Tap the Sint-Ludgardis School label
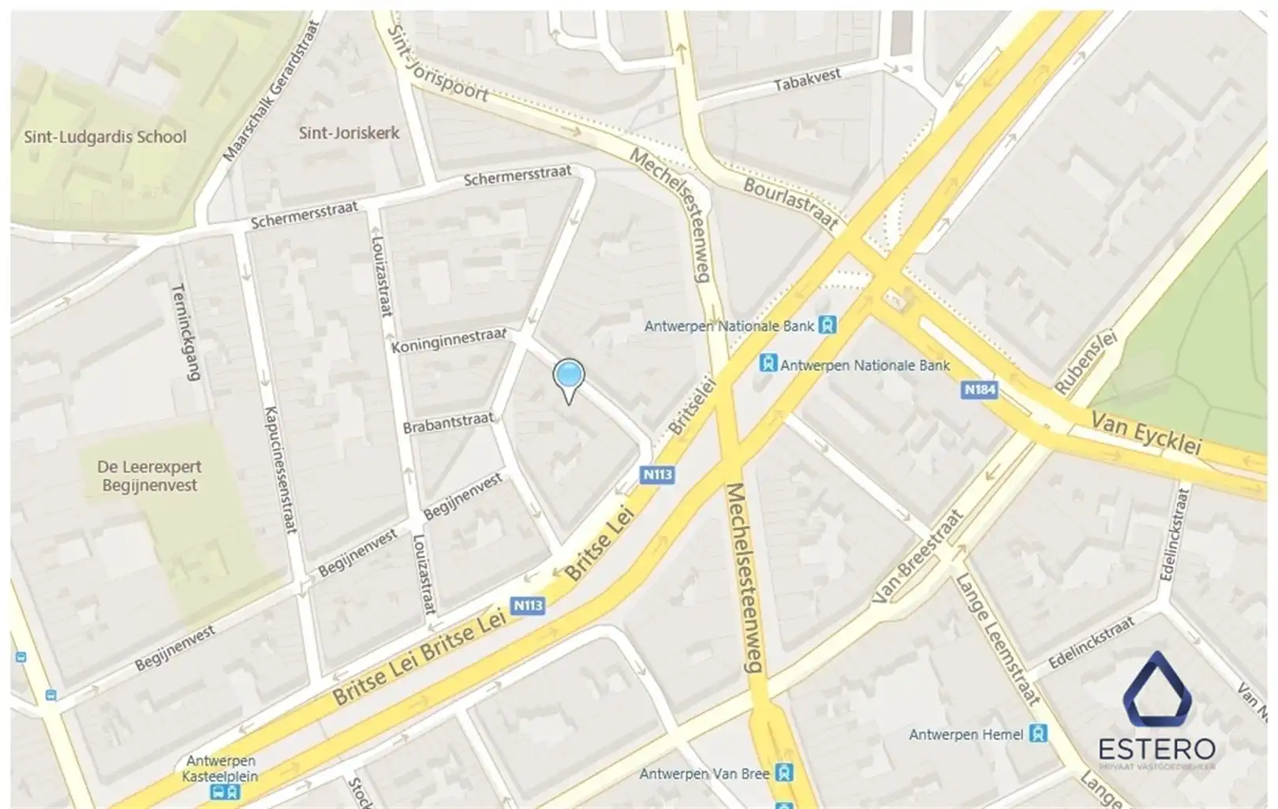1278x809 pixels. pos(105,136)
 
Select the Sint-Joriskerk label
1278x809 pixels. pos(349,132)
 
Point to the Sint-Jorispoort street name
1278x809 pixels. pos(438,63)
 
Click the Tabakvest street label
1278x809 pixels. pos(807,80)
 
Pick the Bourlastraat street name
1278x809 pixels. pos(790,202)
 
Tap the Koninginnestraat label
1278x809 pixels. pos(448,340)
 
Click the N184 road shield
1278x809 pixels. pos(979,390)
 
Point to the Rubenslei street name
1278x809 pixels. pos(1086,362)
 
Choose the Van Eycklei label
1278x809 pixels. pos(1145,432)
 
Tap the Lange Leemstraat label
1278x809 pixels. pos(998,639)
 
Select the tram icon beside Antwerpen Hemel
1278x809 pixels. pos(1038,734)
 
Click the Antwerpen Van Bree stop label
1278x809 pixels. pos(704,774)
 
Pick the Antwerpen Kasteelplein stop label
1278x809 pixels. pos(221,768)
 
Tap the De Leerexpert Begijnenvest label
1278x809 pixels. pos(149,475)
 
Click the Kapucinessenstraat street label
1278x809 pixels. pos(280,470)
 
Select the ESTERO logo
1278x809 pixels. pos(1157,710)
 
